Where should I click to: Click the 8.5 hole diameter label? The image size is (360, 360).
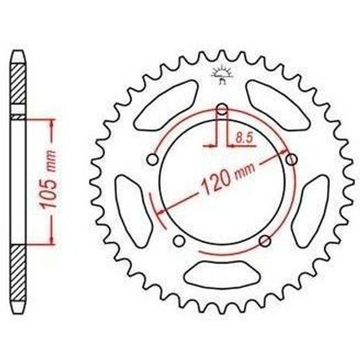(x=244, y=138)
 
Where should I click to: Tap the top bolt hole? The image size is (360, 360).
(x=222, y=109)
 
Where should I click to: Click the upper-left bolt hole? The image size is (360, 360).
(x=152, y=159)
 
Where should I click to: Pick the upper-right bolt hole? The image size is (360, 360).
(x=291, y=159)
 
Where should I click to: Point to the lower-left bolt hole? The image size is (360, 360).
(x=179, y=241)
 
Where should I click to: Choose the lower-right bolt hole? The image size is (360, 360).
(x=265, y=241)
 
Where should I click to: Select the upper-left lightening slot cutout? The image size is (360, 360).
(x=165, y=105)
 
